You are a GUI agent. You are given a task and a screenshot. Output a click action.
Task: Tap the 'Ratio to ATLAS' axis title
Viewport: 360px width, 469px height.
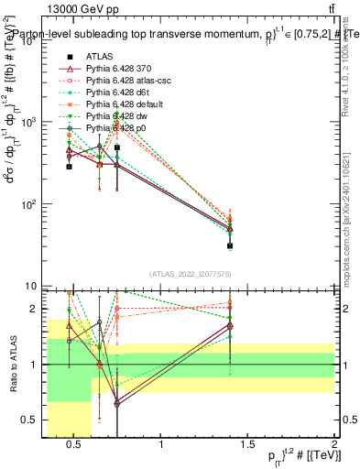tap(13, 365)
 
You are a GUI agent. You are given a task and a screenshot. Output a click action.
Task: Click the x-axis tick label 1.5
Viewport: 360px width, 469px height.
tap(248, 446)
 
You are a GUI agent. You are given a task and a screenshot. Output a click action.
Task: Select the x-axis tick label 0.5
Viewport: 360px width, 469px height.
tap(75, 446)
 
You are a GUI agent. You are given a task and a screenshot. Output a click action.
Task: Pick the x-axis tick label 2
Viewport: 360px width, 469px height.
tap(333, 446)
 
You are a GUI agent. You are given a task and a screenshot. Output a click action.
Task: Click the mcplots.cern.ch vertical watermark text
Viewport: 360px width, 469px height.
tap(349, 220)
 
